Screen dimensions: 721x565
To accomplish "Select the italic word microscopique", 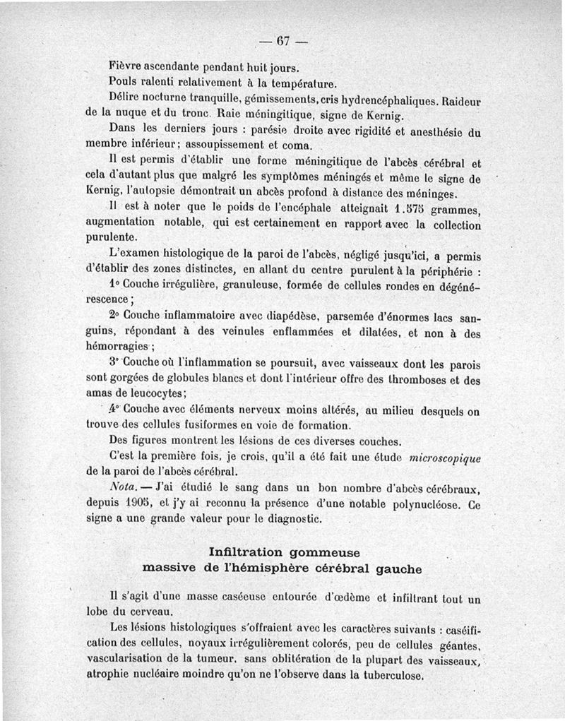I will tap(440, 458).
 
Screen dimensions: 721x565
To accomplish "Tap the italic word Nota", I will tap(125, 489).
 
